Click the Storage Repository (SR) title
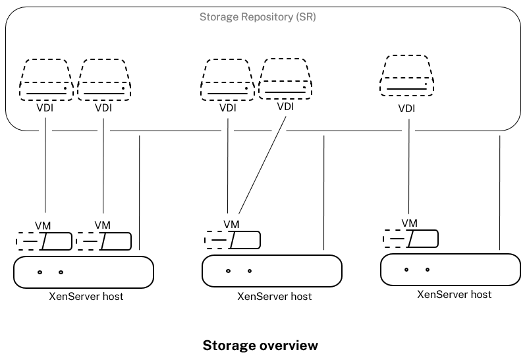tap(258, 16)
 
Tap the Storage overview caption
tap(260, 345)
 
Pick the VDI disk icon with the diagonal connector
tap(284, 79)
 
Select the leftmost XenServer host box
tap(84, 272)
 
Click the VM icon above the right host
tap(410, 237)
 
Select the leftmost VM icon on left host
tap(44, 242)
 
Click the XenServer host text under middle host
tap(274, 297)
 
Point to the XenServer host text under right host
tap(454, 294)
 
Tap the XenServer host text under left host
tap(86, 296)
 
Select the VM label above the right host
tap(410, 223)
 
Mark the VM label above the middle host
tap(231, 224)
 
